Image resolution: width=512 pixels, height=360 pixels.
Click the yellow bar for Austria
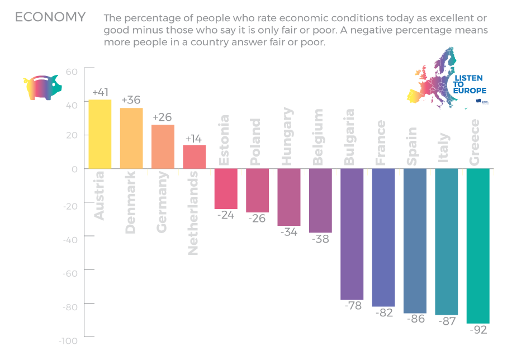pos(100,134)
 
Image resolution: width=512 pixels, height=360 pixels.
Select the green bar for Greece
pos(478,246)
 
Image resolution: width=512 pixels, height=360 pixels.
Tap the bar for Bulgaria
pos(352,234)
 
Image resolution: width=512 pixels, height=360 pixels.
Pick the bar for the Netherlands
pos(195,157)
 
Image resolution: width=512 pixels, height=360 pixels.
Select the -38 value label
pos(320,239)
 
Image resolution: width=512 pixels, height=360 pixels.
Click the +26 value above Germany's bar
pos(163,117)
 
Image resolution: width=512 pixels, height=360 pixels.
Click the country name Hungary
pos(287,136)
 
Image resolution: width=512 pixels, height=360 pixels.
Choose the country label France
pos(381,143)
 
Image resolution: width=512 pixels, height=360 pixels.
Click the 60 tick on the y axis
pos(72,72)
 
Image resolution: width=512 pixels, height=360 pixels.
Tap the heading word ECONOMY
pos(50,17)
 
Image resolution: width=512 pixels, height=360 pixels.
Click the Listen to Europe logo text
pos(468,84)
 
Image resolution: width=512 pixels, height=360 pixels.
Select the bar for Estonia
pos(226,189)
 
